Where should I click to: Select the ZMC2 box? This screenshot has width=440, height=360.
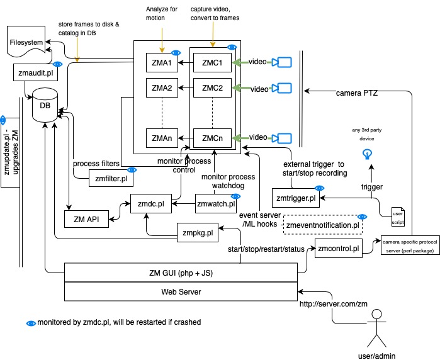point(212,88)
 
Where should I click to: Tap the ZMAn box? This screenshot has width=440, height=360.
point(162,137)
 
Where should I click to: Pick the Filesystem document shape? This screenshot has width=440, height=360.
point(27,43)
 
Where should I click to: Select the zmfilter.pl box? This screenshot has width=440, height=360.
point(111,178)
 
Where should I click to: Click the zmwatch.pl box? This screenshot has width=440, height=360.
point(216,203)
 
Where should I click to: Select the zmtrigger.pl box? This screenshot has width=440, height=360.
point(297,198)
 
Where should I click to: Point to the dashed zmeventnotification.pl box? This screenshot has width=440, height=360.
point(323,224)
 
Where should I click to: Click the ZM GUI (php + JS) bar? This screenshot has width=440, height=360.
point(181,273)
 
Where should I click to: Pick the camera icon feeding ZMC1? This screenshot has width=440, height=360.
point(285,62)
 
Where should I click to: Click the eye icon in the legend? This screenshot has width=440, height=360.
point(30,322)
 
